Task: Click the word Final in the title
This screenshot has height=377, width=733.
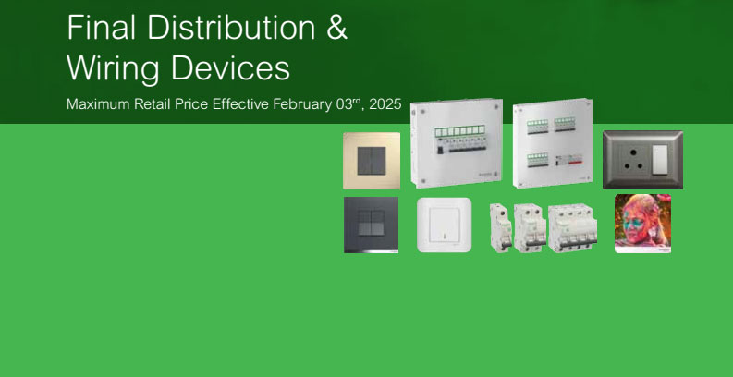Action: pyautogui.click(x=102, y=27)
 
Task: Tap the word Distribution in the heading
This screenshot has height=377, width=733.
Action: pyautogui.click(x=231, y=27)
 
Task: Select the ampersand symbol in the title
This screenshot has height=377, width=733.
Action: pyautogui.click(x=336, y=27)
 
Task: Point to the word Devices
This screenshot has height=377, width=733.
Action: pyautogui.click(x=230, y=67)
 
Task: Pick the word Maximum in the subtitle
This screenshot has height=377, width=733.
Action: pyautogui.click(x=98, y=104)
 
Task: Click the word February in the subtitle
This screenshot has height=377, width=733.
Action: pyautogui.click(x=302, y=104)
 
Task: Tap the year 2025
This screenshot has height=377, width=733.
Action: pyautogui.click(x=385, y=104)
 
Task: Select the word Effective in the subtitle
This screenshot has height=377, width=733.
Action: pyautogui.click(x=240, y=104)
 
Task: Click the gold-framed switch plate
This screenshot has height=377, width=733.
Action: pyautogui.click(x=372, y=161)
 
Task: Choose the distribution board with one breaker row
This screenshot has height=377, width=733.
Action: pyautogui.click(x=457, y=143)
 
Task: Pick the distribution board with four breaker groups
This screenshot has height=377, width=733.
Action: pyautogui.click(x=553, y=143)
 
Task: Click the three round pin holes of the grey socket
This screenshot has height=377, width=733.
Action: pyautogui.click(x=633, y=158)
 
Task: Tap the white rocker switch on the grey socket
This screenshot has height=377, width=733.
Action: pyautogui.click(x=659, y=159)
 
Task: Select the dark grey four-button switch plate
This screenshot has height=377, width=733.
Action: pyautogui.click(x=372, y=225)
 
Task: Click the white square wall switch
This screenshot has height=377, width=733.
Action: pyautogui.click(x=444, y=225)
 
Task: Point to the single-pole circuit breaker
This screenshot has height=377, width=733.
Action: pyautogui.click(x=501, y=228)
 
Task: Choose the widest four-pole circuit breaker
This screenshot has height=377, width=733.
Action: pyautogui.click(x=573, y=228)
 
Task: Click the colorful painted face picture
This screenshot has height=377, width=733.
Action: pyautogui.click(x=642, y=224)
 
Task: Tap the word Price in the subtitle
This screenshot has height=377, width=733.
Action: pyautogui.click(x=191, y=104)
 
